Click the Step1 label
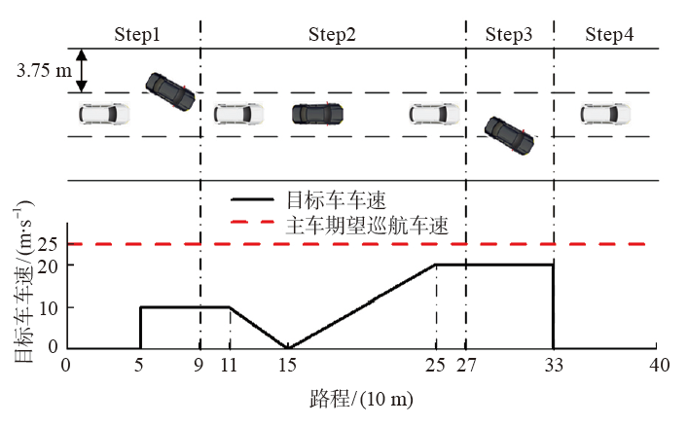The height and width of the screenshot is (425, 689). pos(137,35)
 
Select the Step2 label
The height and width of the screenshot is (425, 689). pos(332,35)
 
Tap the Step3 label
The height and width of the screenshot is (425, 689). pos(508,35)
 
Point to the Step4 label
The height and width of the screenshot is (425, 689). pos(610,35)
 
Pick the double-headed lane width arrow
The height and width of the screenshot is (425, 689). pos(84,71)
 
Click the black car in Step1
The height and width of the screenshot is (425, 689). pos(168,91)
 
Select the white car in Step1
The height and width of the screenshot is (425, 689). pos(104,114)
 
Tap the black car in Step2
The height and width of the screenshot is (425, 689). pos(317,114)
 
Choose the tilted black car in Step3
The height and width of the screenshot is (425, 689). pos(510,136)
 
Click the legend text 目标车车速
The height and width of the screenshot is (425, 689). pos(336,200)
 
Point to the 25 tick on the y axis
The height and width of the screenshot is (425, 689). pos(49,243)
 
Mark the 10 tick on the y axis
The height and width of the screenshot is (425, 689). pos(49,307)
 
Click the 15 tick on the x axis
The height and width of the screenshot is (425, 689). pos(287,366)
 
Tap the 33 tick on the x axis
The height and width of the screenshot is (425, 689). pos(553,366)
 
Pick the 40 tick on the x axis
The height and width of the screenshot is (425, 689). pos(659,366)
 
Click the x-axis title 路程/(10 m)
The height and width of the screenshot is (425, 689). pos(359,398)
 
